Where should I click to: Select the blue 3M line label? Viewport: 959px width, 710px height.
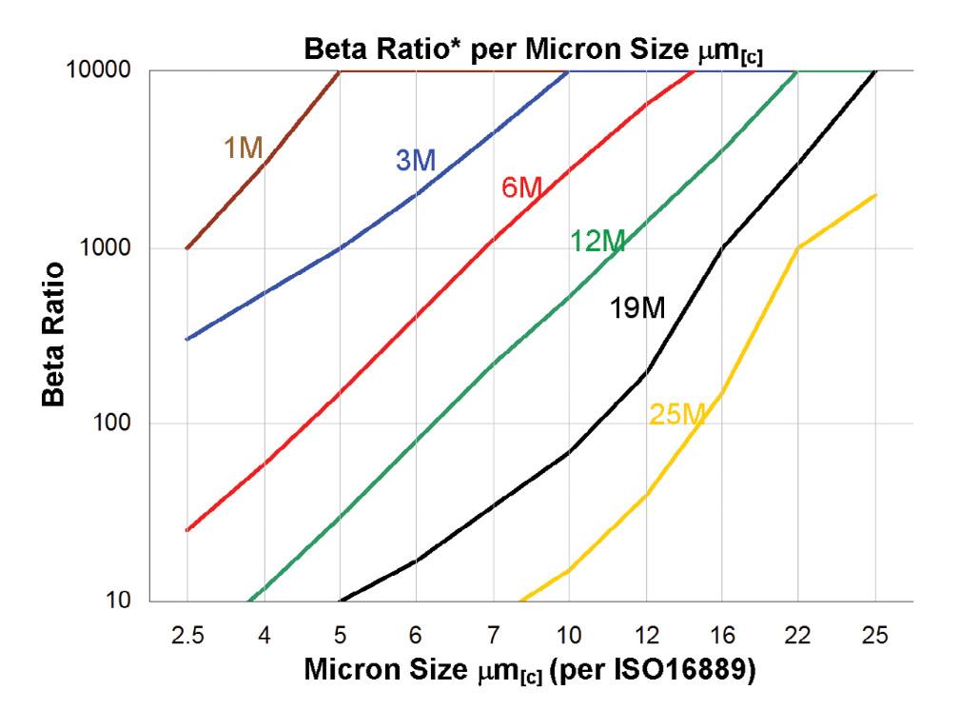(416, 161)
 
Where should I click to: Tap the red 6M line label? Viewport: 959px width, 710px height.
(521, 188)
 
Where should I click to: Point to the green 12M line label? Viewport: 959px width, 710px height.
(597, 243)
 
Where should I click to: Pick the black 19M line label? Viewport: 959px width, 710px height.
(636, 309)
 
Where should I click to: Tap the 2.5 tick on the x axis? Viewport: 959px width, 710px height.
(187, 631)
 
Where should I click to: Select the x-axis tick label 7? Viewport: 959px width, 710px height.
(493, 631)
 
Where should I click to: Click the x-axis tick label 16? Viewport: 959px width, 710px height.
(722, 631)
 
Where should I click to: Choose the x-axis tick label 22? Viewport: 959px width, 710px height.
(798, 631)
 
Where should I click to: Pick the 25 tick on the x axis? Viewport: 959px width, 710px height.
(874, 631)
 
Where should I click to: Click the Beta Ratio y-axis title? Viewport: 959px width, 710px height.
(56, 335)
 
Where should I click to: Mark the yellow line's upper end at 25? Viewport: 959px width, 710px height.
(875, 195)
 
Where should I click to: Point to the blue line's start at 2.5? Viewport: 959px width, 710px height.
(187, 339)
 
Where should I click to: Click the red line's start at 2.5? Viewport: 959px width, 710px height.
(187, 530)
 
